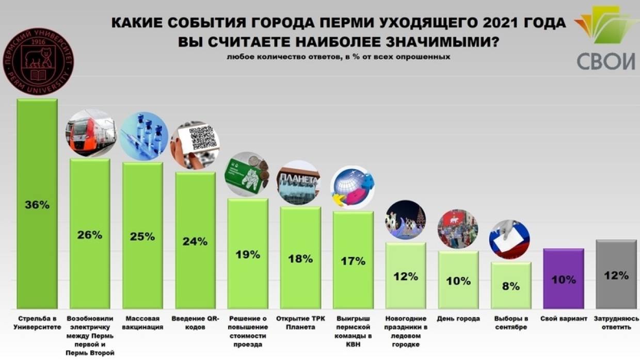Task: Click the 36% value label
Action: coord(37,205)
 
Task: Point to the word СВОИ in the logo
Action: coord(606,60)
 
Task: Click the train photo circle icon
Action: coord(90,133)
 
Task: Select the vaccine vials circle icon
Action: coord(143,135)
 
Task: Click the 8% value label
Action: coord(510,286)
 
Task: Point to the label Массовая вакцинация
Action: coord(142,323)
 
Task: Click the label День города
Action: coord(458,319)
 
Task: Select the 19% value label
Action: coord(247,255)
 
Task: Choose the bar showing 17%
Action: coord(353,260)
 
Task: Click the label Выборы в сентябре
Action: coord(510,323)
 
